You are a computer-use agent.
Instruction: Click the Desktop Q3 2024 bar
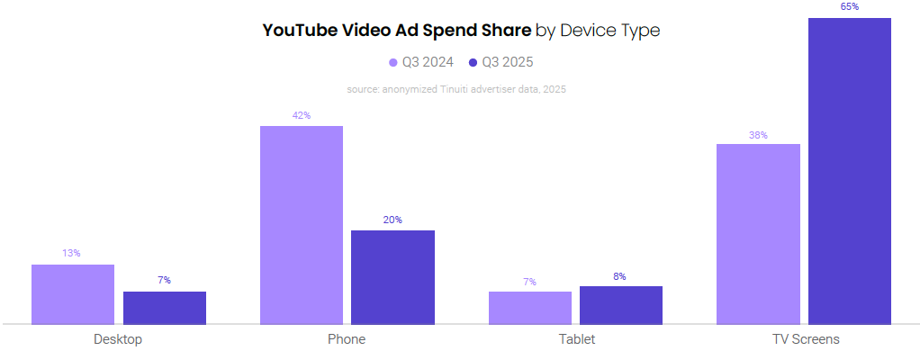click(73, 294)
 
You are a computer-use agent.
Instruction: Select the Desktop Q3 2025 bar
click(165, 308)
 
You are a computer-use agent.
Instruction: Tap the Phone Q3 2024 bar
click(302, 225)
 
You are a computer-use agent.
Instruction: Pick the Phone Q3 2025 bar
click(392, 277)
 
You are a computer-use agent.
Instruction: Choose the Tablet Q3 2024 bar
click(530, 308)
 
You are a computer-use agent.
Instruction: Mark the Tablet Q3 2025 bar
click(621, 305)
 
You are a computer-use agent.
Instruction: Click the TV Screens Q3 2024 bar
click(758, 234)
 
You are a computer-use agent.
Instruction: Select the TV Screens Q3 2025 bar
click(850, 171)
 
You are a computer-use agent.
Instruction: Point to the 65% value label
click(850, 7)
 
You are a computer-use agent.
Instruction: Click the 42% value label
click(302, 115)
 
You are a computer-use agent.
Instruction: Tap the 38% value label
click(758, 135)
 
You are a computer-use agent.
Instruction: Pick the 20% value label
click(392, 220)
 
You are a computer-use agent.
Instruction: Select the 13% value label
click(72, 254)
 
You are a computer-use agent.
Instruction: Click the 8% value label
click(620, 276)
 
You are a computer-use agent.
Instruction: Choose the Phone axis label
click(347, 340)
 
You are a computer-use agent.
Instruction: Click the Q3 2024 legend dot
click(393, 62)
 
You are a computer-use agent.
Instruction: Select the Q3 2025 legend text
click(508, 62)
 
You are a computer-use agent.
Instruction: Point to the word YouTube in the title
click(300, 31)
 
